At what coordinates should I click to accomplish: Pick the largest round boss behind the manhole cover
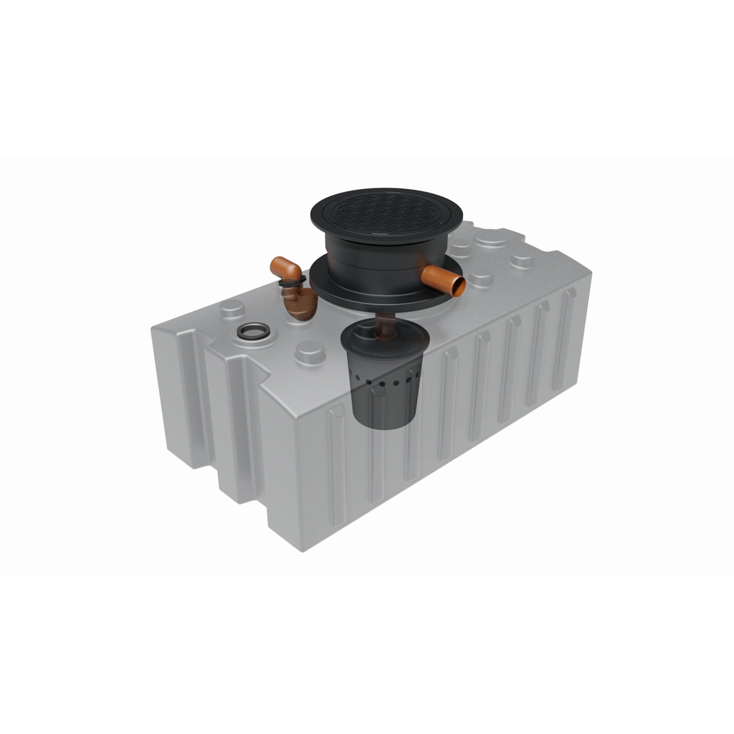pos(491,240)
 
